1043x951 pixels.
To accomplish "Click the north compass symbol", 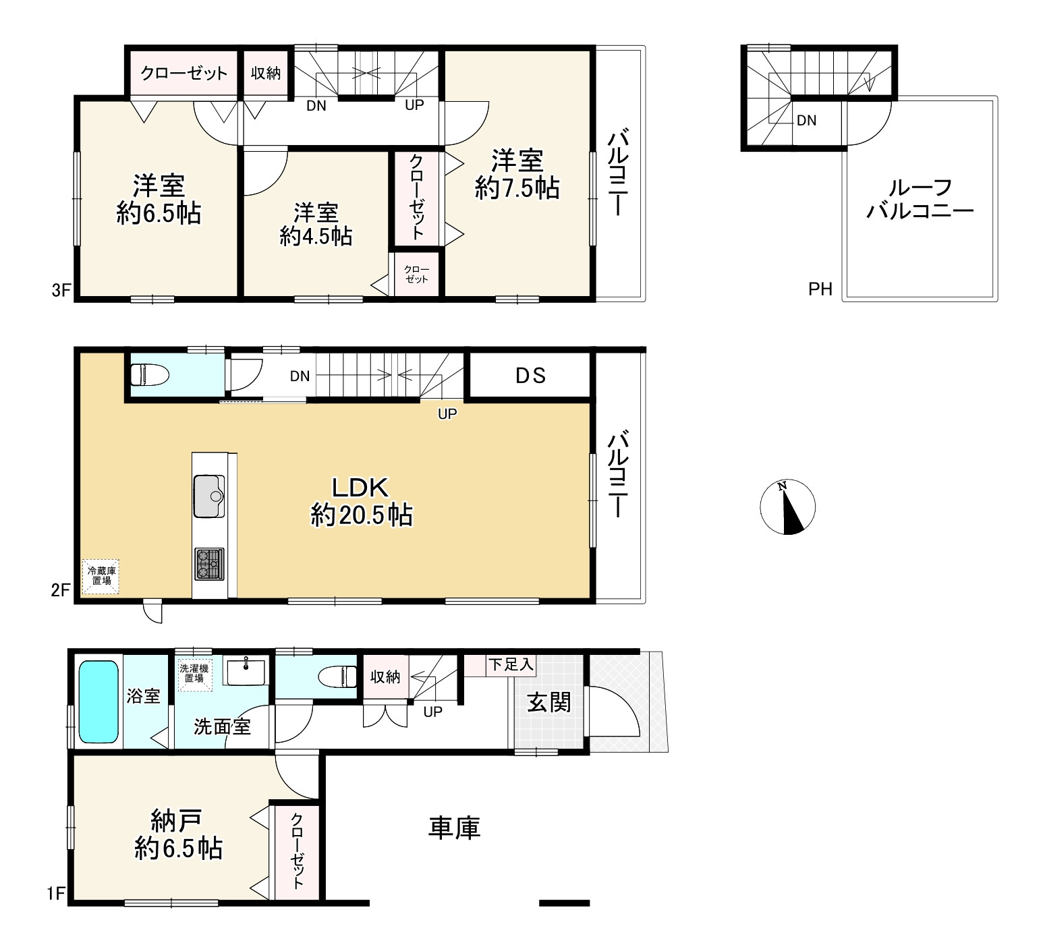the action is [787, 507].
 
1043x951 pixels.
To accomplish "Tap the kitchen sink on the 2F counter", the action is [209, 496].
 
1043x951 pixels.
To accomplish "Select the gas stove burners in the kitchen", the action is [209, 564].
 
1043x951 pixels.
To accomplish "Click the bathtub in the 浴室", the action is [98, 701].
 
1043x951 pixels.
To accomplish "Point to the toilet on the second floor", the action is [148, 374].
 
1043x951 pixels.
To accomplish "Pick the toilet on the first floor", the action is [337, 676].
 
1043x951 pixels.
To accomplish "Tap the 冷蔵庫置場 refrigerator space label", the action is [101, 577].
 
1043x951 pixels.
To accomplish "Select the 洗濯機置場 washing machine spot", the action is [194, 674].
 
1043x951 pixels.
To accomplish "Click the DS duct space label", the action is [531, 376].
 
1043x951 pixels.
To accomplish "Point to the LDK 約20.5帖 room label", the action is [361, 502].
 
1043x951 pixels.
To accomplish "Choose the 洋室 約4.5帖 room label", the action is [316, 225].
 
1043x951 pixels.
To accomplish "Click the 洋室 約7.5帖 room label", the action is [517, 175].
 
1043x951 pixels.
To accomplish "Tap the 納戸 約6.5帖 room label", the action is [178, 835].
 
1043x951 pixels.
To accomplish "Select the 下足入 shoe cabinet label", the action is [511, 665].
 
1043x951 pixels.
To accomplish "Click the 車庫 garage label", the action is [454, 828].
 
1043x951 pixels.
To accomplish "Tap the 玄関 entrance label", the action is [548, 703].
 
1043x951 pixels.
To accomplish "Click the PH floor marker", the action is [820, 289].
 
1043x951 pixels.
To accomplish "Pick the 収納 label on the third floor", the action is [266, 73].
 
